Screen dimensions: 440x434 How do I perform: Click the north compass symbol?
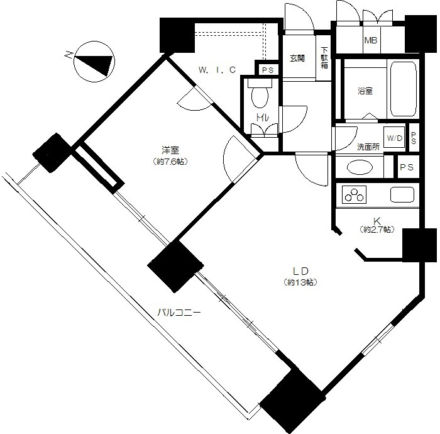94,62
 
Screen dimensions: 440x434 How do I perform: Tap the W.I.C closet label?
217,70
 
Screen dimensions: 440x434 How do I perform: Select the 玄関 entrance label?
297,58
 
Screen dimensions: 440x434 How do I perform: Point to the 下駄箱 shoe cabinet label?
324,58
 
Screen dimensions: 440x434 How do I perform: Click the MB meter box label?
371,40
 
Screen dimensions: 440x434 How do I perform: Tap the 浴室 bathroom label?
365,91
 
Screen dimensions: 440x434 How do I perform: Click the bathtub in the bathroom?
403,89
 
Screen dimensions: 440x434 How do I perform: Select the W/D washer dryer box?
394,138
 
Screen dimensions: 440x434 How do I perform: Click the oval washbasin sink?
360,167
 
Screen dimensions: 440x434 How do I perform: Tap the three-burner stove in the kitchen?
354,194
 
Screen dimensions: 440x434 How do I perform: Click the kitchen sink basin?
402,194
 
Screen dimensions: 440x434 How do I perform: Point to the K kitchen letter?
377,220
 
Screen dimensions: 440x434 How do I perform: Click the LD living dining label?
301,271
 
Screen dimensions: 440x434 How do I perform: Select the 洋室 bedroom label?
170,150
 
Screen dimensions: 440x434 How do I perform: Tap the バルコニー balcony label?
179,312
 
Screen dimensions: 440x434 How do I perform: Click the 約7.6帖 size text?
170,162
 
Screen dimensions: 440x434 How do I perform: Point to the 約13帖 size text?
300,282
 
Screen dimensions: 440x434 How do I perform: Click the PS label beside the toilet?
268,70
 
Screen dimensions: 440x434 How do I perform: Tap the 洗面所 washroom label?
368,147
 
